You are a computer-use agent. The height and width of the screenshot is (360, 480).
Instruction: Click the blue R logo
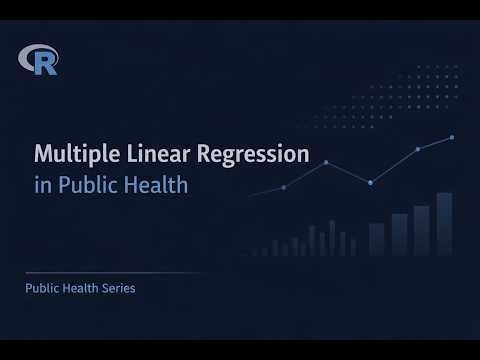(x=39, y=61)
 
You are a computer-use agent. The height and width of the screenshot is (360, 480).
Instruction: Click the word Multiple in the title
(x=70, y=155)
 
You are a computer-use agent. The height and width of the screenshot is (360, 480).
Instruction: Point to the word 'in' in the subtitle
(x=41, y=185)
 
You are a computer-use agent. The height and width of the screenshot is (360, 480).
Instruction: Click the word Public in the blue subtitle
(x=82, y=185)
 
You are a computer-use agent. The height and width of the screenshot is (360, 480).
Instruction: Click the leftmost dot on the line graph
(x=284, y=187)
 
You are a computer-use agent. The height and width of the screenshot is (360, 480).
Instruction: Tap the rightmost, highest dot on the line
(x=452, y=137)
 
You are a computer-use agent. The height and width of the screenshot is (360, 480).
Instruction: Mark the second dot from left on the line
(x=326, y=162)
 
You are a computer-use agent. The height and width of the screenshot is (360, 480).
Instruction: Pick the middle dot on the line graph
(x=370, y=182)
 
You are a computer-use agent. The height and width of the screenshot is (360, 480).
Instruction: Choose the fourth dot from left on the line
(x=418, y=149)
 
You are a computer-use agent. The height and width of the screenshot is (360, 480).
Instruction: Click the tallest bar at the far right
(x=444, y=226)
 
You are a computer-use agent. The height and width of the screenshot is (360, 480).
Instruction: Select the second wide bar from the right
(x=421, y=232)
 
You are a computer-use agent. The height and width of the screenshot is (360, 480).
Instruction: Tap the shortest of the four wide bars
(x=377, y=240)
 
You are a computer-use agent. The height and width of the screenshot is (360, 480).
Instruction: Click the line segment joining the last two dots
(x=435, y=143)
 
